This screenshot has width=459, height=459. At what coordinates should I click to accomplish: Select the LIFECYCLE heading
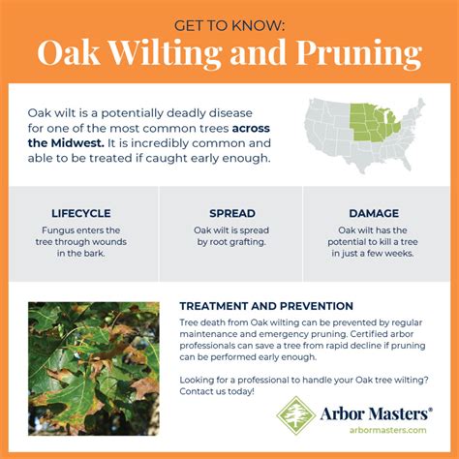(x=81, y=213)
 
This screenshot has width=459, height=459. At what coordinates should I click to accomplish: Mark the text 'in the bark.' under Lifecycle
(x=81, y=254)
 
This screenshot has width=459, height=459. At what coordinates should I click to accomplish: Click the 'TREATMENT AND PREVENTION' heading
(x=266, y=306)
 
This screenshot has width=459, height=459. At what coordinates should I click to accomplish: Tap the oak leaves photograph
(x=93, y=367)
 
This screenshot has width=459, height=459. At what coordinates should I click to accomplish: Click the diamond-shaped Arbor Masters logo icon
(x=295, y=414)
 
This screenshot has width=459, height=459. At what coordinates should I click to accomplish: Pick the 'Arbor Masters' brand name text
(x=372, y=412)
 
